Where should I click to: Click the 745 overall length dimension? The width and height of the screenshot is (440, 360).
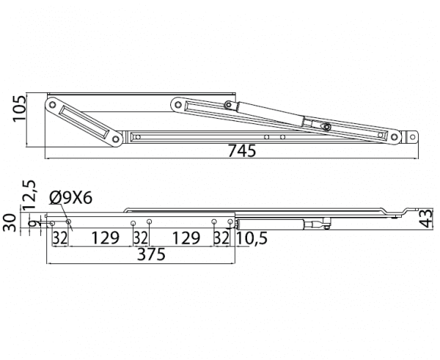(x=241, y=151)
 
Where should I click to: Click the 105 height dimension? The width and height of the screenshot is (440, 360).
(x=19, y=109)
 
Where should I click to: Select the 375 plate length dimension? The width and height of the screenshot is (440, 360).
(x=151, y=254)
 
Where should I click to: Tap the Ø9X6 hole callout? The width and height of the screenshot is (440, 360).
(x=70, y=199)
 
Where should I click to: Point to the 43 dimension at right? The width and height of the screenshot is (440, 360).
(x=427, y=218)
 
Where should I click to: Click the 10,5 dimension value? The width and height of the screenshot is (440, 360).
(x=252, y=238)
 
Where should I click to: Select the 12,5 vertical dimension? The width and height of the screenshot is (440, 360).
(x=29, y=195)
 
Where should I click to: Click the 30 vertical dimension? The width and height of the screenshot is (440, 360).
(x=10, y=222)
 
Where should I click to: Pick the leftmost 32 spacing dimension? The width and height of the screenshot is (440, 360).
(x=60, y=238)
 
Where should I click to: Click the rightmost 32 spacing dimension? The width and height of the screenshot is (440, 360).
(x=221, y=238)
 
